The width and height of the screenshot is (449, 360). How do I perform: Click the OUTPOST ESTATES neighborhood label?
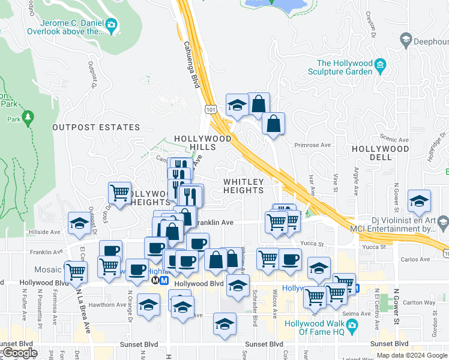click(x=96, y=127)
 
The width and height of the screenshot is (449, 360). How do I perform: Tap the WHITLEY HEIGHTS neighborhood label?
click(x=243, y=186)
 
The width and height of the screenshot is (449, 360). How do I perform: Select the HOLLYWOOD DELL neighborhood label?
click(x=381, y=153)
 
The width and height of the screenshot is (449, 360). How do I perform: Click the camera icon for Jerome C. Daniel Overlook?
click(x=111, y=25)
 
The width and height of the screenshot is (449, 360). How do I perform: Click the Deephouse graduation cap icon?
click(x=406, y=41)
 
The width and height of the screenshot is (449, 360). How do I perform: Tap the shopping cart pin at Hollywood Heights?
click(x=119, y=193)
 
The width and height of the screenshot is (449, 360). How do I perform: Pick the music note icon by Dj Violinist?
click(x=443, y=223)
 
